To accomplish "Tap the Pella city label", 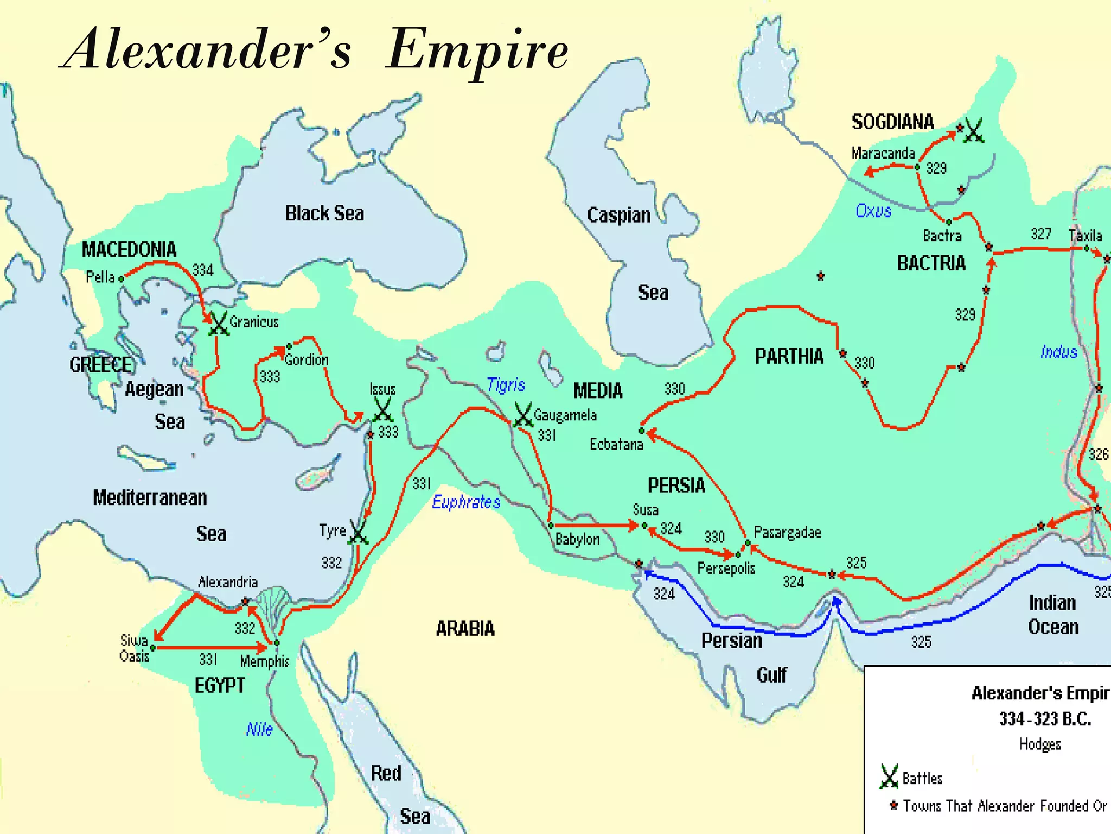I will point(100,277).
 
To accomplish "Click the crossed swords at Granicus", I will point(219,324).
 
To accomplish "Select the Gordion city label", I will point(307,359).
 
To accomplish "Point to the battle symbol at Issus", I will point(383,410).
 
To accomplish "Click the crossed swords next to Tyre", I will point(359,532).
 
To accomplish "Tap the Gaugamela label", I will point(565,415).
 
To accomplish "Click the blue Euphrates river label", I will point(466,502).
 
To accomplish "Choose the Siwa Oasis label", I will point(134,648).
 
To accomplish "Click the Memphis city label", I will point(265,661).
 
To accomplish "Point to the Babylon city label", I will point(577,539).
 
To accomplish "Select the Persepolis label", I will point(726,568).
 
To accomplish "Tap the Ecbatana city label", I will point(616,444).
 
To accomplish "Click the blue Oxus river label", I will point(873,211).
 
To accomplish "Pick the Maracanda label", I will point(883,153).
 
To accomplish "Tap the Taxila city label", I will point(1085,236).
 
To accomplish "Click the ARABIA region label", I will point(465,629).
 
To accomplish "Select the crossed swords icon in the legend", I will point(889,776).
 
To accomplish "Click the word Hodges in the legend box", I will point(1040,744).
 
